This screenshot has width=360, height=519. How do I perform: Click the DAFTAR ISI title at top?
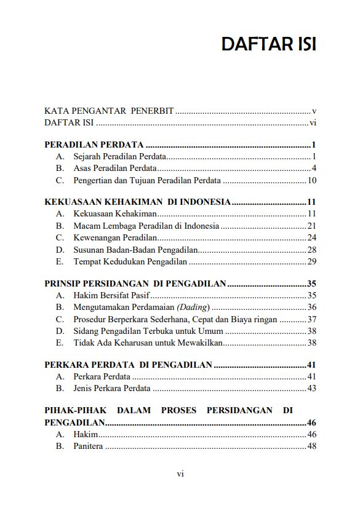(269, 45)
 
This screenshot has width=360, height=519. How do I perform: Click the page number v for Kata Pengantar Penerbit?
(314, 111)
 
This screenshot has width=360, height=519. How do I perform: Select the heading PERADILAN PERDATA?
(94, 145)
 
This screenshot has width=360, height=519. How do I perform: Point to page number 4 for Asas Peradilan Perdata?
(314, 168)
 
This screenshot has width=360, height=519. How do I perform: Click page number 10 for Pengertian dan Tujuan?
(311, 180)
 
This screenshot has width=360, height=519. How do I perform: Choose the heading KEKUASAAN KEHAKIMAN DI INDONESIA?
(138, 202)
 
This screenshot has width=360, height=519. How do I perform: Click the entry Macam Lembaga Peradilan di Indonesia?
(145, 226)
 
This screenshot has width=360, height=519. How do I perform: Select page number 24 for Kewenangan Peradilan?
(311, 237)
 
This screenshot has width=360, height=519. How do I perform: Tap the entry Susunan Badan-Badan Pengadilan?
(135, 249)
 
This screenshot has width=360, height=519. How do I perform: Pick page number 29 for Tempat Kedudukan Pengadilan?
(311, 261)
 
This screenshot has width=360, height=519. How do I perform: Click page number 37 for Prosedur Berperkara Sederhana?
(311, 319)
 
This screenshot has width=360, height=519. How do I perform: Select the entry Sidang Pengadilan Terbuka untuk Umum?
(148, 331)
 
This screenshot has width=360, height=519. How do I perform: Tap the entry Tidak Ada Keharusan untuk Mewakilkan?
(148, 343)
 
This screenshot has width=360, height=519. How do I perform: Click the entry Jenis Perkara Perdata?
(111, 388)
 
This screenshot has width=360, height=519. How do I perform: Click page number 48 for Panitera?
(311, 446)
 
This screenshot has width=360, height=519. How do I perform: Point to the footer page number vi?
(180, 473)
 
